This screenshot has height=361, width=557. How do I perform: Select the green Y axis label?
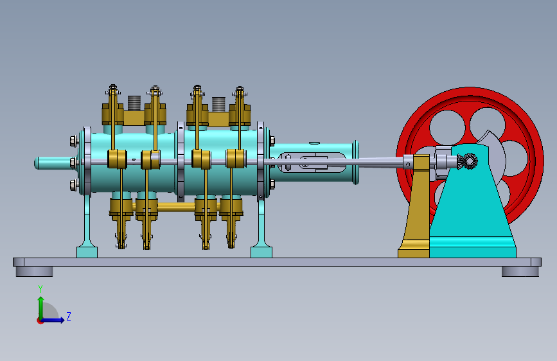click(x=40, y=288)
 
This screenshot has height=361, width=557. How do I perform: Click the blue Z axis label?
click(x=69, y=316)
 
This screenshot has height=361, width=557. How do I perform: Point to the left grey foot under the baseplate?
click(x=34, y=272)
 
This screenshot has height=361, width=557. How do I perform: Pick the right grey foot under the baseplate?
click(x=520, y=272)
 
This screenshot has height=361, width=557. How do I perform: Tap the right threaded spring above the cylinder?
click(x=218, y=104)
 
